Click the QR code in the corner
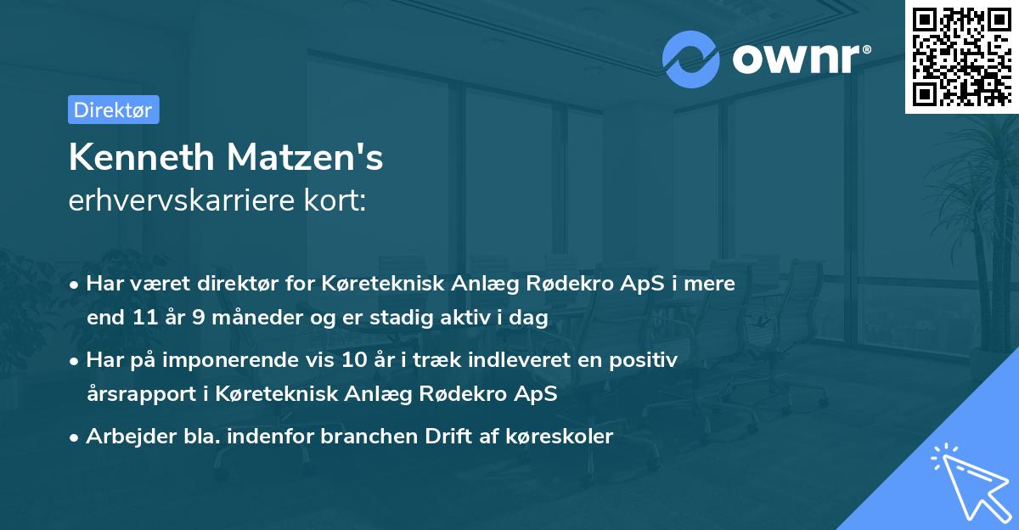pyautogui.click(x=961, y=57)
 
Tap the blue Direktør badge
pyautogui.click(x=113, y=110)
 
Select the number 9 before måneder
pyautogui.click(x=201, y=318)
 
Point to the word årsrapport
pyautogui.click(x=135, y=394)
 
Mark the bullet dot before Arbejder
pyautogui.click(x=76, y=437)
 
